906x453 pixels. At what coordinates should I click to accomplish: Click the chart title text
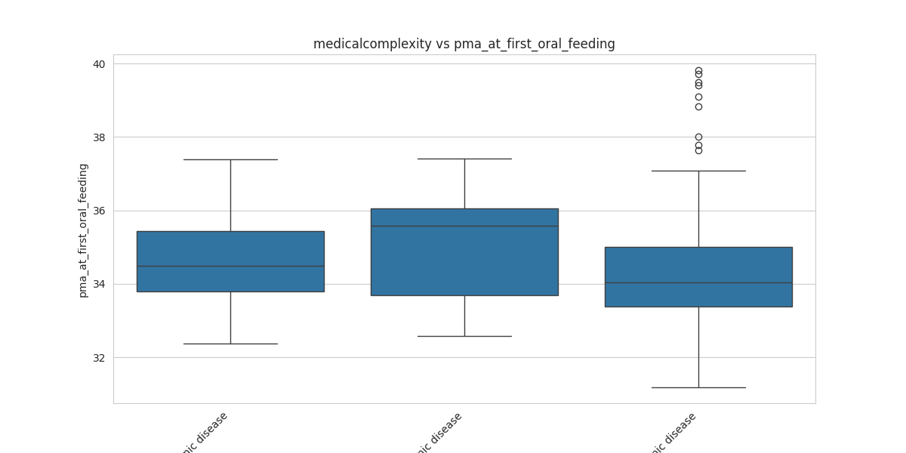tap(464, 44)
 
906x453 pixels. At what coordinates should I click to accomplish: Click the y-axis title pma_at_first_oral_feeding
tap(84, 230)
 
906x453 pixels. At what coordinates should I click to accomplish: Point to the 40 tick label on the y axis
tap(99, 64)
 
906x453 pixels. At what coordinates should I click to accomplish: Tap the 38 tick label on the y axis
tap(99, 137)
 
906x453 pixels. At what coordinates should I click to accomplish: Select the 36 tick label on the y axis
tap(99, 211)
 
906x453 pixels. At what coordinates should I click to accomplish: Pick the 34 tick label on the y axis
tap(99, 284)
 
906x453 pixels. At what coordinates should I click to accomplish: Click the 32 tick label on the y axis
tap(99, 357)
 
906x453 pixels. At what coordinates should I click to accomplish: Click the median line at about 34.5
tap(230, 266)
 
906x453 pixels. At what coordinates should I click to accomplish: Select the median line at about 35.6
tap(464, 226)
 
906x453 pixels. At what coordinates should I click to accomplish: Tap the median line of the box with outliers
tap(698, 282)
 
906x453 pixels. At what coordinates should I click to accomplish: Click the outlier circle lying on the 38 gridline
tap(698, 137)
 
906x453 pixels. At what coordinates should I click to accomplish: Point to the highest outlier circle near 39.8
tap(698, 71)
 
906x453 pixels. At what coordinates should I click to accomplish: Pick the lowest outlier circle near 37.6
tap(698, 150)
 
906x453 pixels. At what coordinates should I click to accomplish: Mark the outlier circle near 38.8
tap(698, 106)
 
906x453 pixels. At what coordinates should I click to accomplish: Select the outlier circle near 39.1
tap(698, 97)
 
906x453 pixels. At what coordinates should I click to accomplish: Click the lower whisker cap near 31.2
tap(698, 387)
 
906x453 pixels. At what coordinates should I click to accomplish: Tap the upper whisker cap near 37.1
tap(698, 171)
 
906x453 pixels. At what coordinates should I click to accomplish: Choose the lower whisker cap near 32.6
tap(464, 336)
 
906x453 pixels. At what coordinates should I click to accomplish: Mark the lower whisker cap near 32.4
tap(230, 344)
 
